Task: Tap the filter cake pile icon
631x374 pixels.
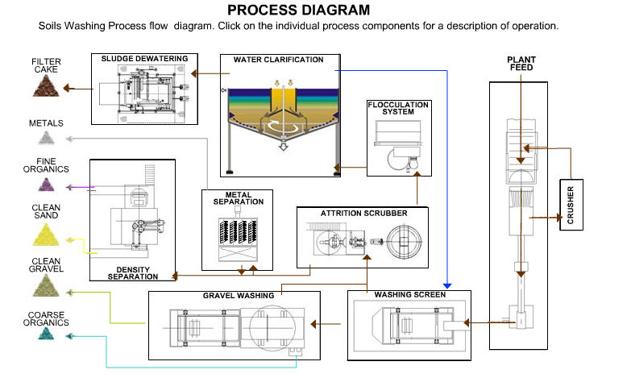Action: pos(46,86)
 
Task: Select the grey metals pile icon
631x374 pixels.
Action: pos(46,139)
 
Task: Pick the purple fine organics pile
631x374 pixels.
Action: pos(46,185)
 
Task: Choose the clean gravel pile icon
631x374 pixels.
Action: pos(46,284)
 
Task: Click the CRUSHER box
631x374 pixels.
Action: pos(571,205)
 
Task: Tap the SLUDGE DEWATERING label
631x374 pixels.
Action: pos(144,59)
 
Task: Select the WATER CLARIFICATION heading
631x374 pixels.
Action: pos(278,60)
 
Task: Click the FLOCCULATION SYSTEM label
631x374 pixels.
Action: pos(398,109)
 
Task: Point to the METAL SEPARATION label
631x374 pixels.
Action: pos(238,197)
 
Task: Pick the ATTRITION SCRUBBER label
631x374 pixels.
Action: pos(363,214)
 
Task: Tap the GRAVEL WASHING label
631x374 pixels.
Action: pos(238,296)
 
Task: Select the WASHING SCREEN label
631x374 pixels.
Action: pos(409,295)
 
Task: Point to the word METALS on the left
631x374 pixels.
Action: pos(46,123)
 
